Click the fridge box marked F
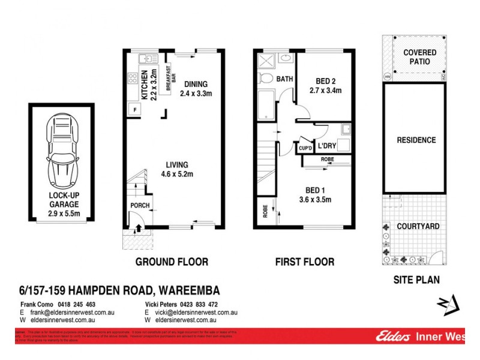click(135, 110)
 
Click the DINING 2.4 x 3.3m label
click(198, 88)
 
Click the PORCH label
click(140, 206)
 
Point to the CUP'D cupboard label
click(305, 148)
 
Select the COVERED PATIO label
click(419, 57)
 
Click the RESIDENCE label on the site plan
click(416, 140)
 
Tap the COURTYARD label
click(418, 226)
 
